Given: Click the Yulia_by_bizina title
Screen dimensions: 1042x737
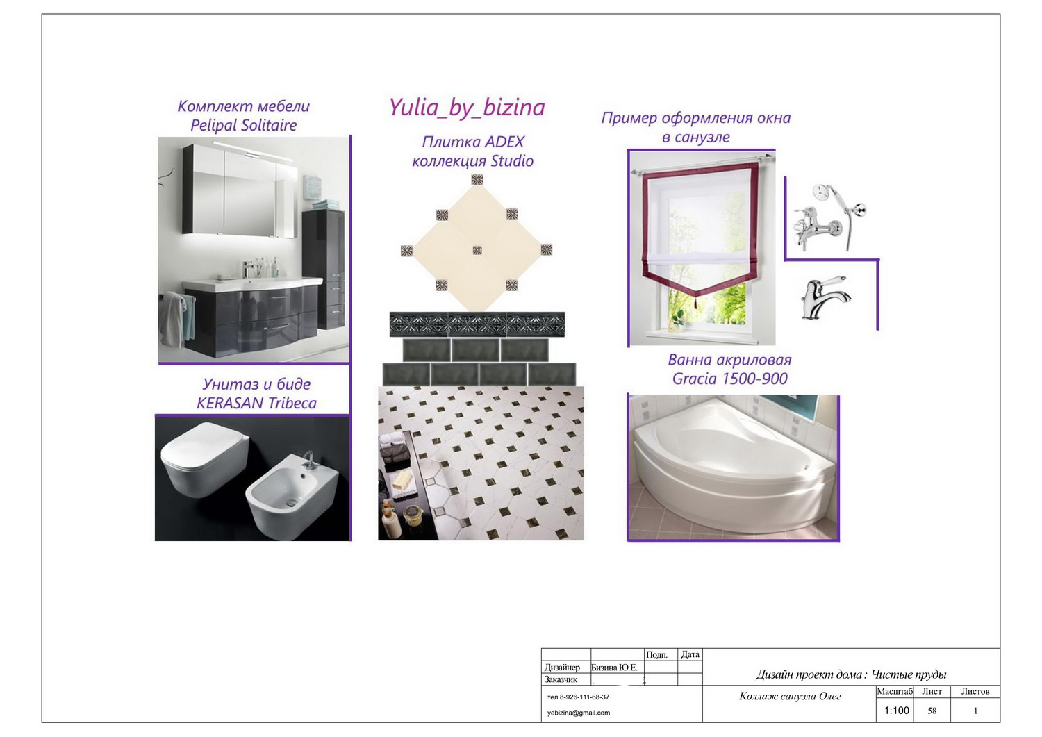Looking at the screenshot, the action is [x=467, y=108].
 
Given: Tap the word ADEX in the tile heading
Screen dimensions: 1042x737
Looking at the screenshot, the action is [x=503, y=142].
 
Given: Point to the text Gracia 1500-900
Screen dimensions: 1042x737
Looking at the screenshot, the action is [x=729, y=379].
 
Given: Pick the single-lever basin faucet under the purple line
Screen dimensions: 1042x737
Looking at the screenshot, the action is [x=825, y=298].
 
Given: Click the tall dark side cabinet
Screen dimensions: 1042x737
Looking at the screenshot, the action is [x=324, y=269].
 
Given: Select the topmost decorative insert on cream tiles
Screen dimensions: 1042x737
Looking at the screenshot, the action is [x=477, y=180].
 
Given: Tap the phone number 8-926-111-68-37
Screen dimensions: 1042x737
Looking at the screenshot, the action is [x=584, y=697].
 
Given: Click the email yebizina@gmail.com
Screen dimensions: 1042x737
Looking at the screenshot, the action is [x=578, y=712].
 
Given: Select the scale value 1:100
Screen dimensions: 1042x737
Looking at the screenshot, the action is [x=896, y=711].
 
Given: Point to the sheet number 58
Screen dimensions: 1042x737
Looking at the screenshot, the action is [x=932, y=711].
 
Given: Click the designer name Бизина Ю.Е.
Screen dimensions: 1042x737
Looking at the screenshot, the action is [x=614, y=668].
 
